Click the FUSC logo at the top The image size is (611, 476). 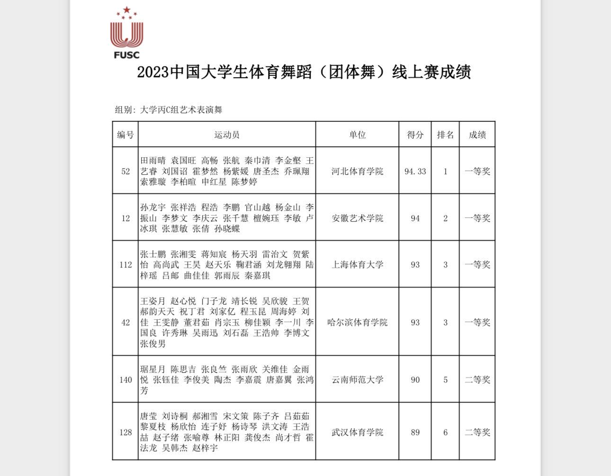click(x=126, y=33)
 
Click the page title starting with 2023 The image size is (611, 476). click(x=304, y=72)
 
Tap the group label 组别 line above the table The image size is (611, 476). click(x=169, y=110)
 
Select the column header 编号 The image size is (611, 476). click(x=126, y=135)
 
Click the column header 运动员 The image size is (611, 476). click(x=227, y=135)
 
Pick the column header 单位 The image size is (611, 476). click(x=357, y=135)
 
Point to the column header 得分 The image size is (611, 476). click(x=415, y=135)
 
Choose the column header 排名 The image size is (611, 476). click(x=445, y=135)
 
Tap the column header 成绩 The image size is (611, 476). click(x=477, y=135)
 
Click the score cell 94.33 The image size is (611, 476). click(x=415, y=171)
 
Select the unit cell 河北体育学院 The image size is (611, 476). click(x=357, y=171)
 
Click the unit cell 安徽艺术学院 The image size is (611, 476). click(x=357, y=218)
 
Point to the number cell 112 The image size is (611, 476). click(x=126, y=265)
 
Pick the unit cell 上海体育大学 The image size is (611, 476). click(x=357, y=265)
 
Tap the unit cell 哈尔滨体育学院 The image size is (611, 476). click(x=357, y=323)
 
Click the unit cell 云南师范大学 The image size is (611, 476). click(x=357, y=380)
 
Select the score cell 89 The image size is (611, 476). click(x=415, y=432)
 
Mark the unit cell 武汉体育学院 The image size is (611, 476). click(x=357, y=432)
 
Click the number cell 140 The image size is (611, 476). click(x=126, y=380)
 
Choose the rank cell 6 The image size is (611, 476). click(x=445, y=432)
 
